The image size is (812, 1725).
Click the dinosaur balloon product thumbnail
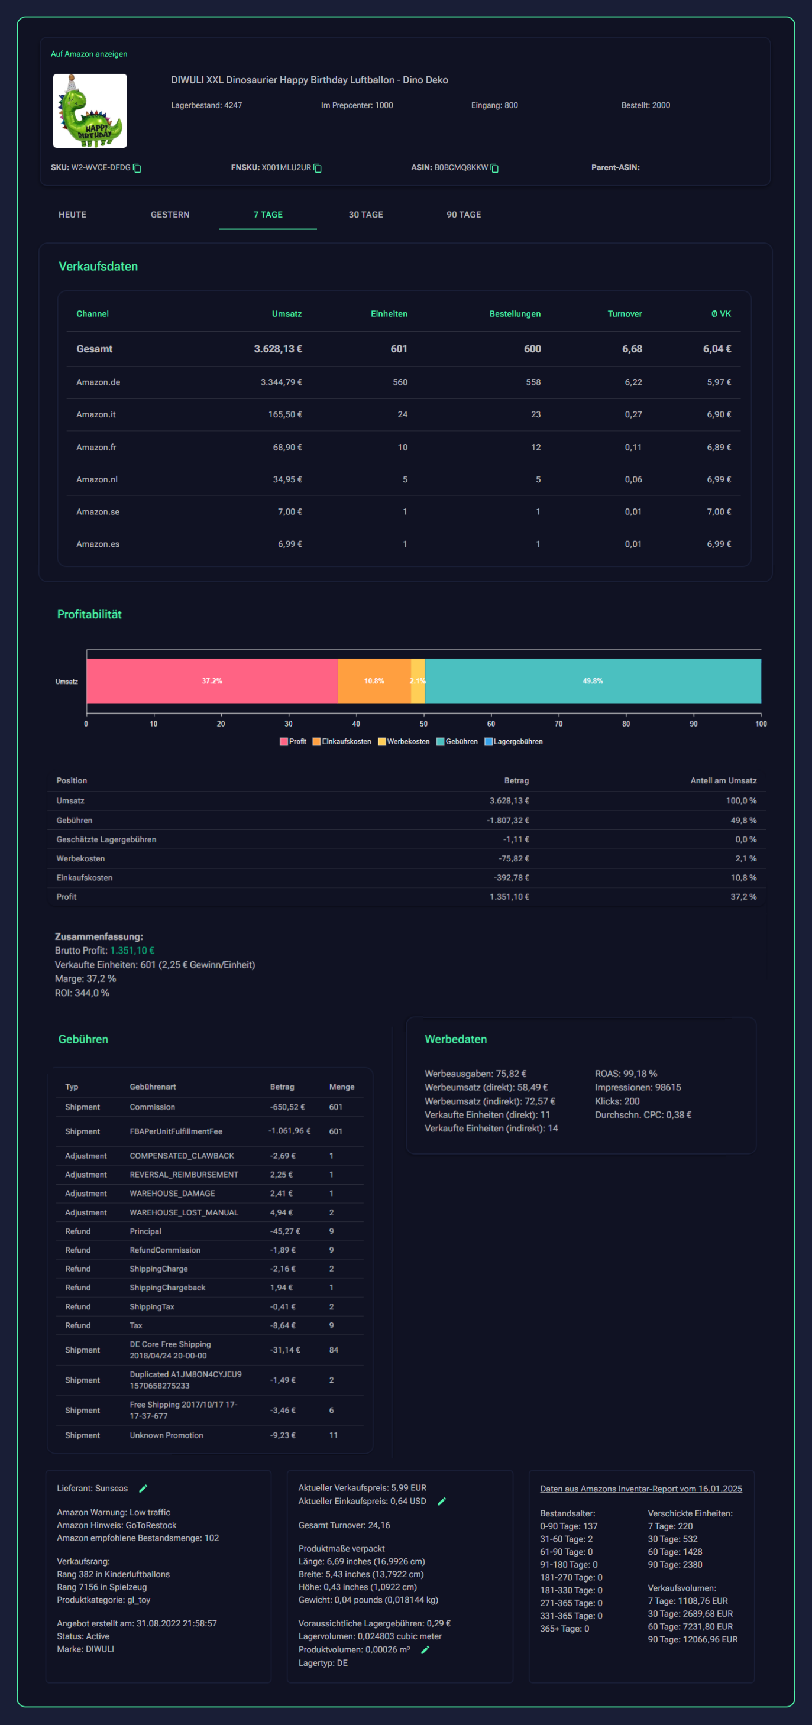(x=90, y=111)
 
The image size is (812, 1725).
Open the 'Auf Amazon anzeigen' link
(x=89, y=54)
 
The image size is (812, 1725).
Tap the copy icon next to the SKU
(x=137, y=168)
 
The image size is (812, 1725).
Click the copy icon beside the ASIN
(x=494, y=168)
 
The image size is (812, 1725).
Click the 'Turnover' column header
(x=625, y=314)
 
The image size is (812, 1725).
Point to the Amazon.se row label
(x=98, y=511)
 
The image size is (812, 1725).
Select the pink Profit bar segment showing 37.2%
(x=212, y=681)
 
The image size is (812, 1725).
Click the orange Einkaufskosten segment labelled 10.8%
(x=374, y=681)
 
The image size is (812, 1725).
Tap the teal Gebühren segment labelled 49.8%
(x=592, y=681)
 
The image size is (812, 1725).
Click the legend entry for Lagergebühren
(x=514, y=741)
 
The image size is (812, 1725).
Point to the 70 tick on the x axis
(x=559, y=724)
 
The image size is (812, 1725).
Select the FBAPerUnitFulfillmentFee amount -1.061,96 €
(x=289, y=1131)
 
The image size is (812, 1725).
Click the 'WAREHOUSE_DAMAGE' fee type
(x=172, y=1194)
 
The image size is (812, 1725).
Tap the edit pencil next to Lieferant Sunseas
(x=143, y=1488)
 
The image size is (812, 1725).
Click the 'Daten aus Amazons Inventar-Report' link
(x=640, y=1489)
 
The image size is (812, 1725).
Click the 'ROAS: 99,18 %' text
(x=626, y=1074)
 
